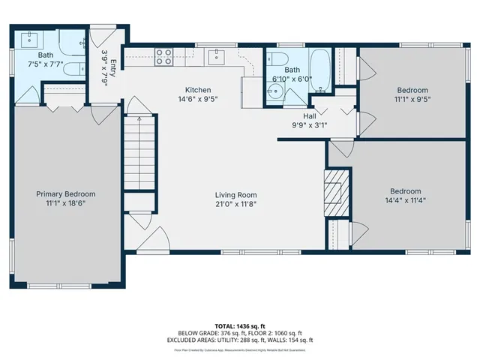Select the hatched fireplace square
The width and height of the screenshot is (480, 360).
click(333, 184)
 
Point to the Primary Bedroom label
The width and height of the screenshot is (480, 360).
click(66, 193)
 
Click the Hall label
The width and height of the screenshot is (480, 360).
click(309, 115)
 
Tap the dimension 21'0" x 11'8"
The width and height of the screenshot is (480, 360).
click(237, 203)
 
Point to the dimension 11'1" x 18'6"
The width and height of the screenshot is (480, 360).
click(66, 203)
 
